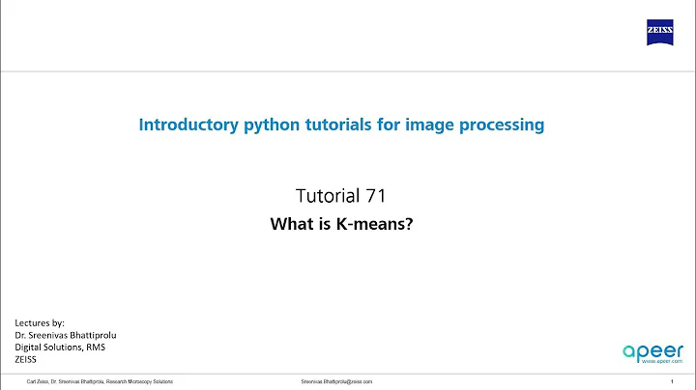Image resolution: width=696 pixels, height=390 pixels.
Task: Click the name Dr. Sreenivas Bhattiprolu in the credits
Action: pyautogui.click(x=72, y=333)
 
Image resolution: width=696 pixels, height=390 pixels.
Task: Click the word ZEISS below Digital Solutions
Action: pyautogui.click(x=27, y=358)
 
